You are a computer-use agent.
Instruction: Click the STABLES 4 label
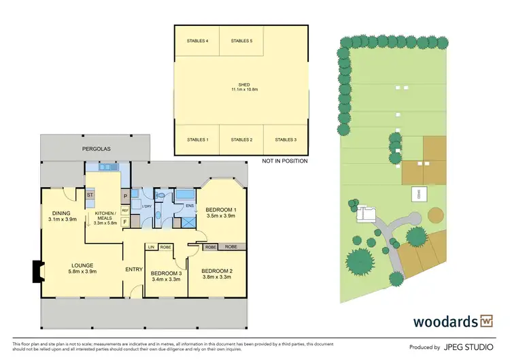pyautogui.click(x=197, y=42)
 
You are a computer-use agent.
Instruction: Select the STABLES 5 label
pyautogui.click(x=241, y=42)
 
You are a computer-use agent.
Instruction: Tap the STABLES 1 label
pyautogui.click(x=197, y=140)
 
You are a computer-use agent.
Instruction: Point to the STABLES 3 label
pyautogui.click(x=286, y=140)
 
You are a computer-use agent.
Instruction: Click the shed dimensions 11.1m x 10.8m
pyautogui.click(x=241, y=89)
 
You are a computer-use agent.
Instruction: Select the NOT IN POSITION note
pyautogui.click(x=285, y=161)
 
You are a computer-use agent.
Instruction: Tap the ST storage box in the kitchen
pyautogui.click(x=89, y=196)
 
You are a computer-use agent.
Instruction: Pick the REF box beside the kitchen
pyautogui.click(x=125, y=210)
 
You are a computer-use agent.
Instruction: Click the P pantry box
pyautogui.click(x=125, y=197)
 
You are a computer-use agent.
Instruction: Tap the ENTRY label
pyautogui.click(x=134, y=270)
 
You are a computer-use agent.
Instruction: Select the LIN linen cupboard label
pyautogui.click(x=152, y=247)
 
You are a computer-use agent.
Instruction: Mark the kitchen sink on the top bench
pyautogui.click(x=107, y=167)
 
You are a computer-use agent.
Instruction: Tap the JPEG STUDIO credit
pyautogui.click(x=469, y=346)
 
